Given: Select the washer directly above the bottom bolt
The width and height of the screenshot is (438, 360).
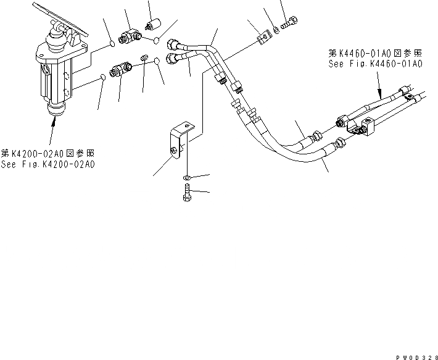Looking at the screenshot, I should (186, 179).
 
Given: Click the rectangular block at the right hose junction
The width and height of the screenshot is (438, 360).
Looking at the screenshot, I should (366, 127).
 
